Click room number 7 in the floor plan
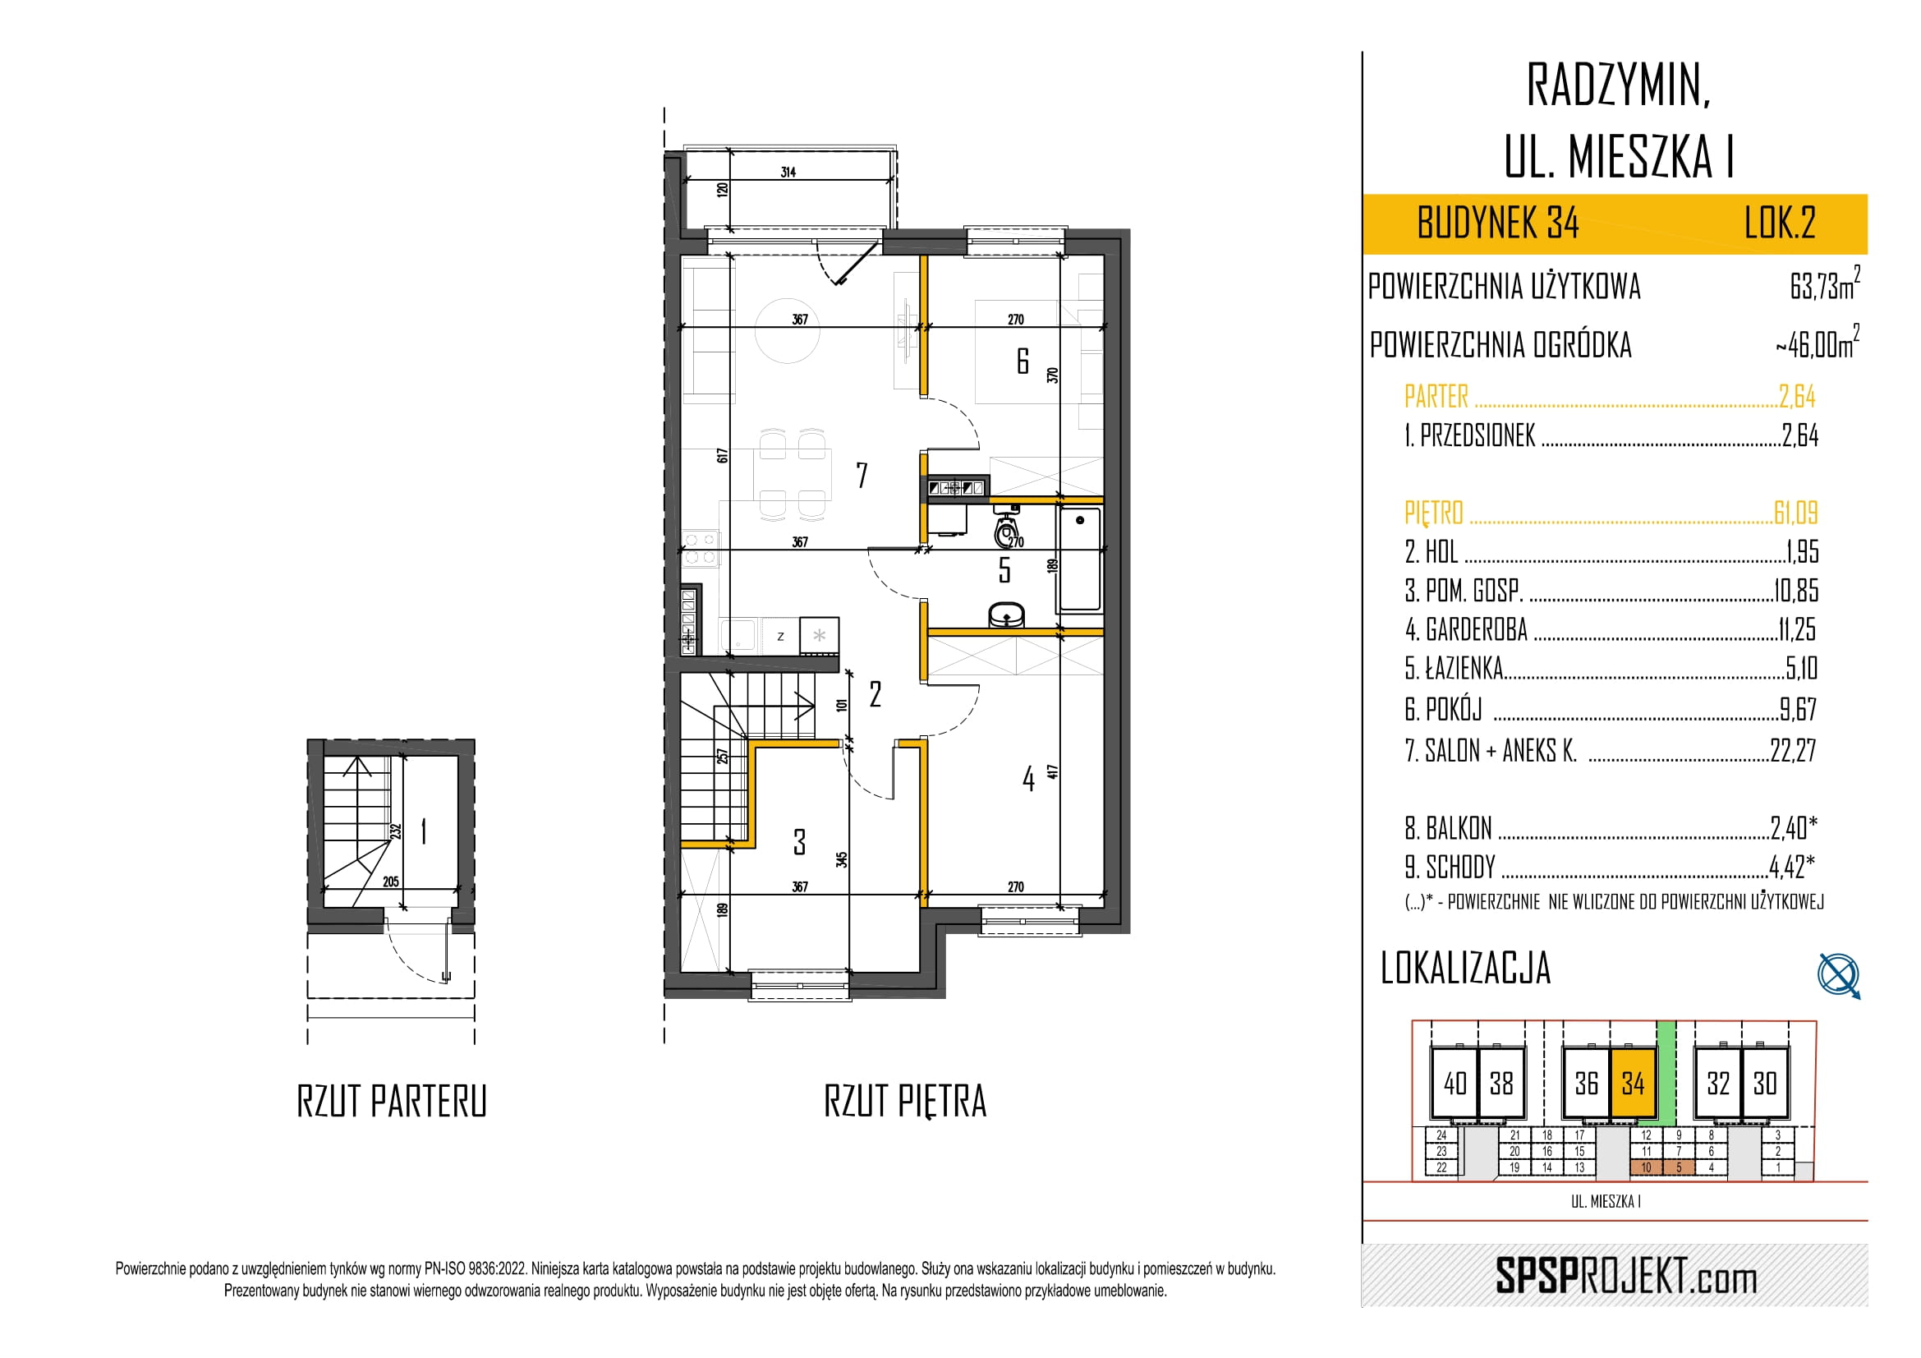(862, 475)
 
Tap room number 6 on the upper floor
(1023, 361)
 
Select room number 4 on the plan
(1028, 779)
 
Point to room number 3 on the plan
(800, 842)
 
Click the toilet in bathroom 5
(1007, 527)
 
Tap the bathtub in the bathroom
(1080, 558)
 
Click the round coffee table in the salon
(788, 330)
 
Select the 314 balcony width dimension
(788, 173)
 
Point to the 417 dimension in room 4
(1053, 771)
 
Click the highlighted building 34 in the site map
(1634, 1084)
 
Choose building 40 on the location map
(1455, 1084)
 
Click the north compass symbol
(1839, 976)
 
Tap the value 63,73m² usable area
(1825, 284)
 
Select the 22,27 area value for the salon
(1793, 751)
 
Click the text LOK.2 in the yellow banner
(1780, 223)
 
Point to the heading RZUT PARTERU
(392, 1101)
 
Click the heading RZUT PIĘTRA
(905, 1101)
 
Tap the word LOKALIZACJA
(1466, 968)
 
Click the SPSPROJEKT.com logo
(1625, 1277)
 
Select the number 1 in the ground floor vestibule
(424, 831)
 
